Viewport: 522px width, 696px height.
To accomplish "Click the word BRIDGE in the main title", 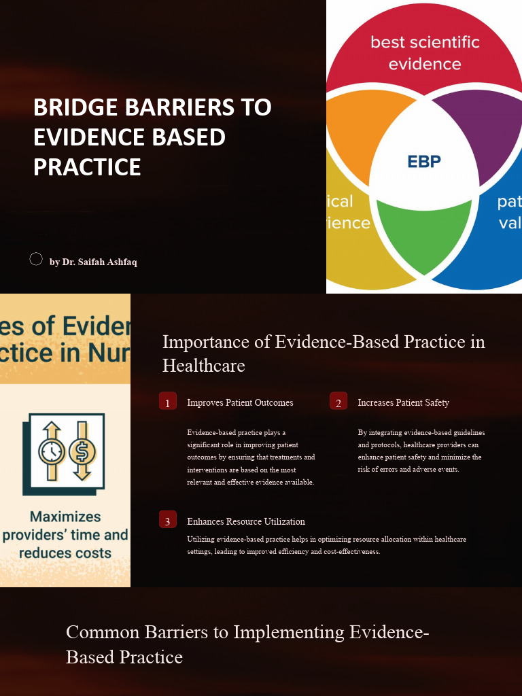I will click(73, 107).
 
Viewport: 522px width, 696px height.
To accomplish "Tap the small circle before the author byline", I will click(36, 259).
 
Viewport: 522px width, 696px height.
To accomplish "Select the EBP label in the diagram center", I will click(424, 161).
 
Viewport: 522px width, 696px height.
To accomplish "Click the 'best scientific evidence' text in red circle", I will click(425, 53).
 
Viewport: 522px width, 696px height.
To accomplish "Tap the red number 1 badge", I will click(168, 402).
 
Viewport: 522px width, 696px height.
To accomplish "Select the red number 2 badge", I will click(338, 402).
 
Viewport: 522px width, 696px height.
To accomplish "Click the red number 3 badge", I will click(168, 521).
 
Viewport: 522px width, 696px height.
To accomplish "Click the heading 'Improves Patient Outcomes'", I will click(240, 402).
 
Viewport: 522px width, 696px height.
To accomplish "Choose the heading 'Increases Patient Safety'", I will click(403, 402).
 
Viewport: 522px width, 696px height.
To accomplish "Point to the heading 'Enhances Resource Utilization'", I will click(246, 521).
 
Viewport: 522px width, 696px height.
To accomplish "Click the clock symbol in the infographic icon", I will click(52, 451).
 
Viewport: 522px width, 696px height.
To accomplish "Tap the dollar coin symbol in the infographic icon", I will click(82, 451).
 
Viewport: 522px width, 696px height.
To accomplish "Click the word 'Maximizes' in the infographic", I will click(65, 517).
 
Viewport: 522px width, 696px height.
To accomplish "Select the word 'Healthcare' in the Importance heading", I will click(203, 366).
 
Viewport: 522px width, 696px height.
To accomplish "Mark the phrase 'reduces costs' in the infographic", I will click(65, 553).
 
